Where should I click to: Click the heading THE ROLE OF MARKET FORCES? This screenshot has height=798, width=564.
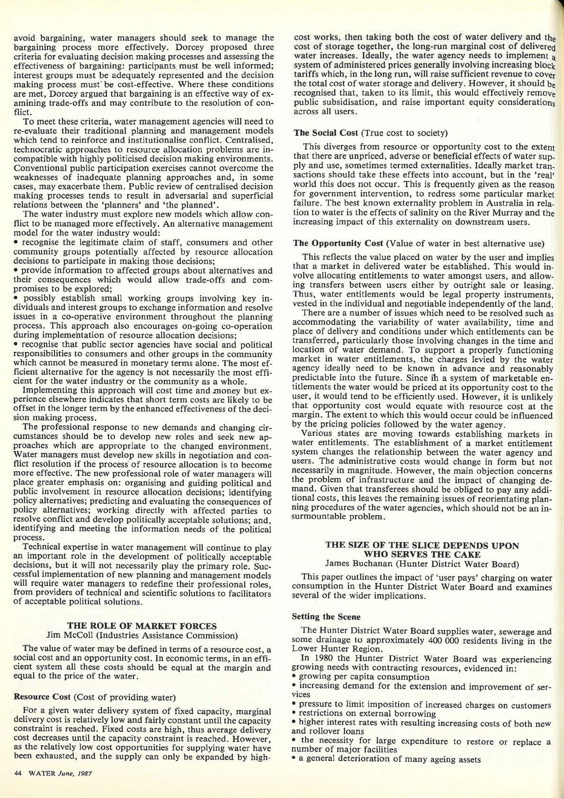point(143,625)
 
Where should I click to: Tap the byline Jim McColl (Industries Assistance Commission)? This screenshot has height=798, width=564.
point(143,634)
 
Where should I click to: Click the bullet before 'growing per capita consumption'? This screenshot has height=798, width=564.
point(295,677)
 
